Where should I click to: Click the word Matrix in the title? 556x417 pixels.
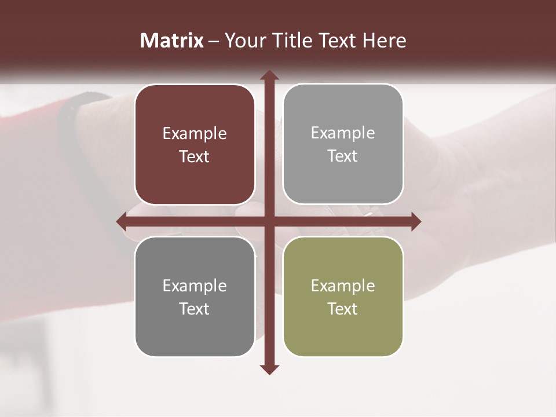[172, 41]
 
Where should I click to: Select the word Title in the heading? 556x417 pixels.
[287, 41]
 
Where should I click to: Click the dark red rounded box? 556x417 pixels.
[195, 145]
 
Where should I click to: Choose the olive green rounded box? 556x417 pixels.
[343, 297]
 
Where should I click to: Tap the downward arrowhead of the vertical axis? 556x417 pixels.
[269, 369]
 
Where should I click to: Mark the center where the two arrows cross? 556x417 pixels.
[269, 221]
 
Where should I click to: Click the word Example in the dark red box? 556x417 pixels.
[195, 134]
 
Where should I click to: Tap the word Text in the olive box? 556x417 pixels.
[343, 309]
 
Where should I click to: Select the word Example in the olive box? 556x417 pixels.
[343, 286]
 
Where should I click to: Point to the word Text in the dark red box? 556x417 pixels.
[195, 157]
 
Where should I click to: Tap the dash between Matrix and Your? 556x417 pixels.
[214, 41]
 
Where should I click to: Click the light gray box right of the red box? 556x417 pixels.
[343, 144]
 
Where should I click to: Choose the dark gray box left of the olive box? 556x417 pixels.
[195, 297]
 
